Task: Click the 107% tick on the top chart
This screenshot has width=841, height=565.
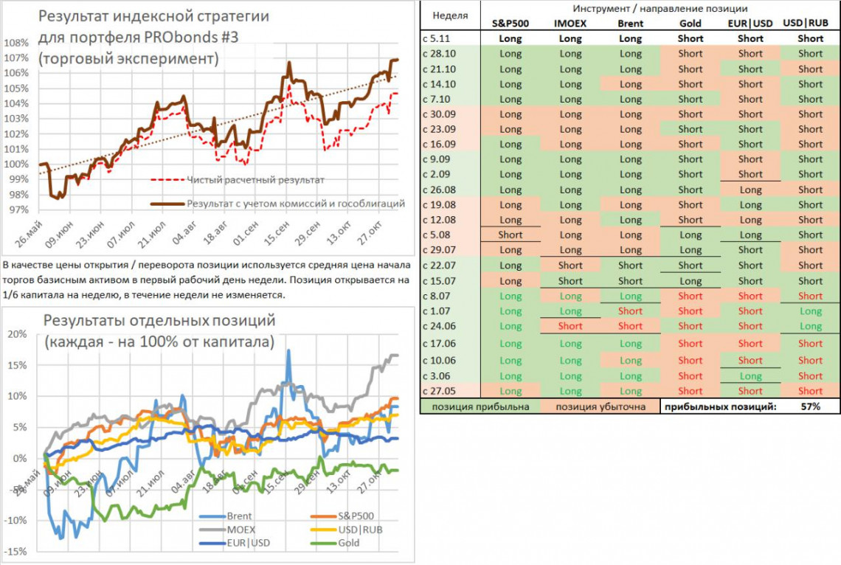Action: pos(15,58)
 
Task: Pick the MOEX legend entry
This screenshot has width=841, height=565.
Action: pos(242,530)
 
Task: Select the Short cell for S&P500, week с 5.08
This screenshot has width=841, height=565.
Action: pos(510,235)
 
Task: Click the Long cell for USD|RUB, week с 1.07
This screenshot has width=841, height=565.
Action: pos(810,311)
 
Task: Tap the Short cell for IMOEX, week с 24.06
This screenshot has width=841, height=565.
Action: pos(570,326)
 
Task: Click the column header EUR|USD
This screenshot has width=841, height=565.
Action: pos(750,24)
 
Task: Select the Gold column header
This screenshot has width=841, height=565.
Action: pos(691,24)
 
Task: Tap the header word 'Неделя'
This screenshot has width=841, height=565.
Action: pos(449,15)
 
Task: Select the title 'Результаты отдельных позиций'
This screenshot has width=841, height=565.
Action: pos(159,321)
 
